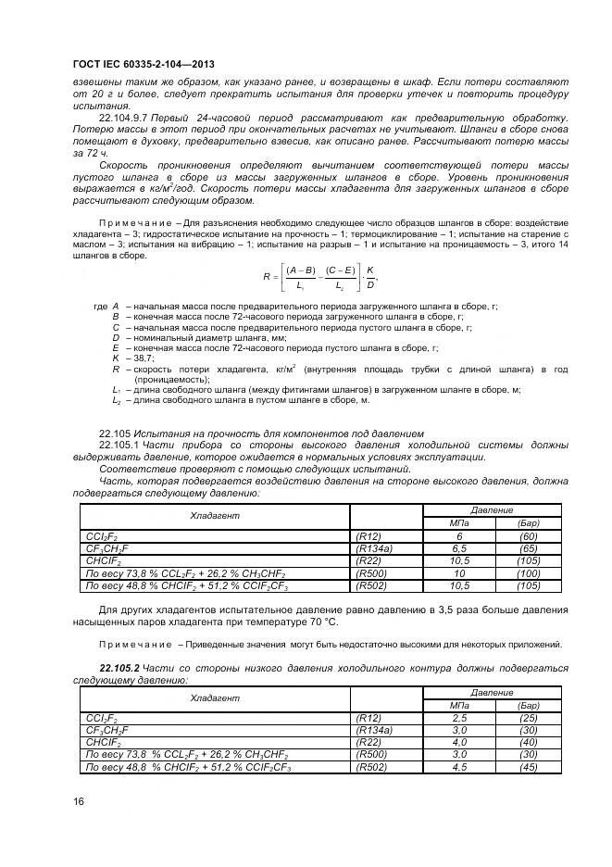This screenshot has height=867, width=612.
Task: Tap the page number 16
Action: click(79, 801)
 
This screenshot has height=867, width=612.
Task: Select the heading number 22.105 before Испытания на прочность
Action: click(114, 433)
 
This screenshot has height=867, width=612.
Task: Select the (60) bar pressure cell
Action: click(529, 536)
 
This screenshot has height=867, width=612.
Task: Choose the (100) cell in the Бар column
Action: click(529, 573)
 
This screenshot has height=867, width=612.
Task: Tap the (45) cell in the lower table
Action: click(529, 766)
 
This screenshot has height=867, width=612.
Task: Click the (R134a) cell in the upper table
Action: click(374, 548)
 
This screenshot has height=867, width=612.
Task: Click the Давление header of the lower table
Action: click(492, 692)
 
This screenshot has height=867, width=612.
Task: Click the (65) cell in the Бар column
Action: click(529, 548)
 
